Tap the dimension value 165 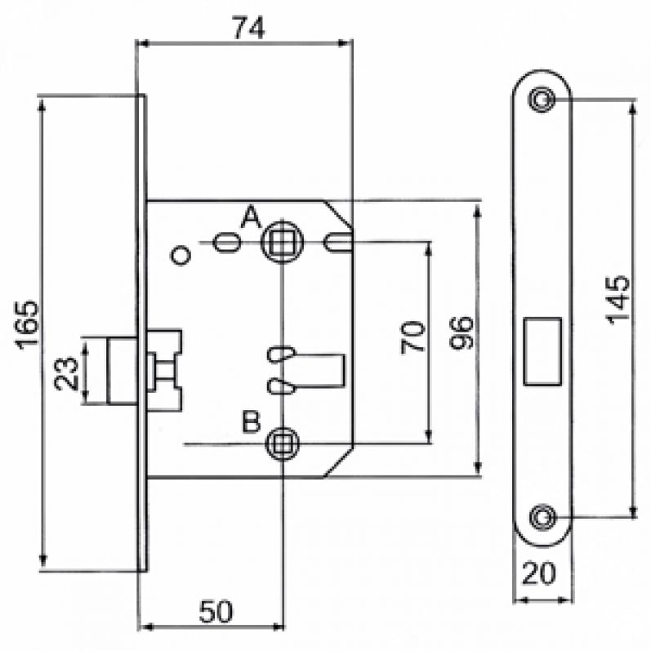(27, 324)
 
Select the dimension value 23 (70, 372)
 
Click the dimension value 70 (414, 337)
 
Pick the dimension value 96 (461, 332)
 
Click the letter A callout (251, 216)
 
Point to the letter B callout (252, 423)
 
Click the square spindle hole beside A (282, 242)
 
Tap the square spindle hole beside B (282, 444)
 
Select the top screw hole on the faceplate (540, 100)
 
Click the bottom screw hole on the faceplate (540, 515)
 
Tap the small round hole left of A (181, 256)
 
